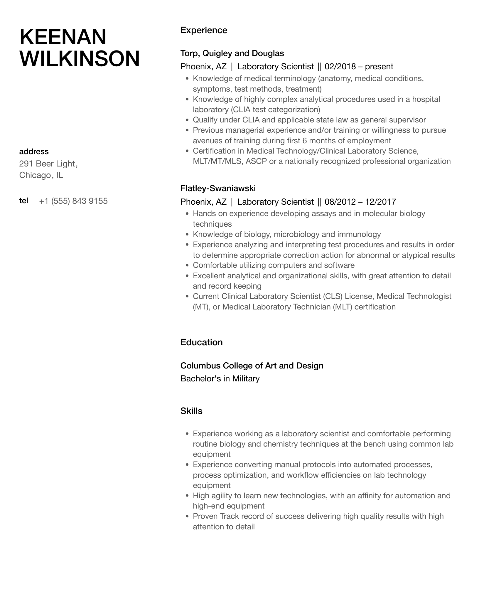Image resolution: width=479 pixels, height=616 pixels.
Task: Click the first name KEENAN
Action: (x=63, y=37)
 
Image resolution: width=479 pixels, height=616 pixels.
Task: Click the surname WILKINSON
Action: (x=80, y=59)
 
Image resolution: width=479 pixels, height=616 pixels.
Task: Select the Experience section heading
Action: (x=204, y=30)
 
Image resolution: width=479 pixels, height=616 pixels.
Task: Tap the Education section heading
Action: (x=201, y=342)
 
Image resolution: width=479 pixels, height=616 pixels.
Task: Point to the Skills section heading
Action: (x=191, y=411)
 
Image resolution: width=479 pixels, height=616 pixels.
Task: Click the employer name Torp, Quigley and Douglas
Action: (x=232, y=53)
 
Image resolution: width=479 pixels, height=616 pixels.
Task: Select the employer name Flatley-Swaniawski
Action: (x=218, y=188)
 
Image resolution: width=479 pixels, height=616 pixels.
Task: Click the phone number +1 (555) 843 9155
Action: (x=73, y=201)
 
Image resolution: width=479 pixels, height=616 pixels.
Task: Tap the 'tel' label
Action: (x=24, y=201)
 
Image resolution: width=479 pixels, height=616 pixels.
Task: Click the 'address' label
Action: (x=34, y=152)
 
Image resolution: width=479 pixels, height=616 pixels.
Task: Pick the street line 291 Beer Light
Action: (x=48, y=164)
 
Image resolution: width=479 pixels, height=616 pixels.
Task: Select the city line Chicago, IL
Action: (x=41, y=175)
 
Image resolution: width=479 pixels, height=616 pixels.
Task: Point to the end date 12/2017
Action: (x=381, y=202)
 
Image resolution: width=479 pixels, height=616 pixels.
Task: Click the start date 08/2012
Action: (x=340, y=202)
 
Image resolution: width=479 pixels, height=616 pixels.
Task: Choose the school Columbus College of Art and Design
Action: (x=252, y=366)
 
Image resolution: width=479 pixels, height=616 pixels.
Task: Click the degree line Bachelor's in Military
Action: (x=220, y=379)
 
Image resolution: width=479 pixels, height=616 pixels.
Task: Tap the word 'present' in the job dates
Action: (x=379, y=67)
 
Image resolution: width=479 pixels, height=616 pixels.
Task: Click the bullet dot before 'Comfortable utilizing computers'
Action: (x=187, y=266)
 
